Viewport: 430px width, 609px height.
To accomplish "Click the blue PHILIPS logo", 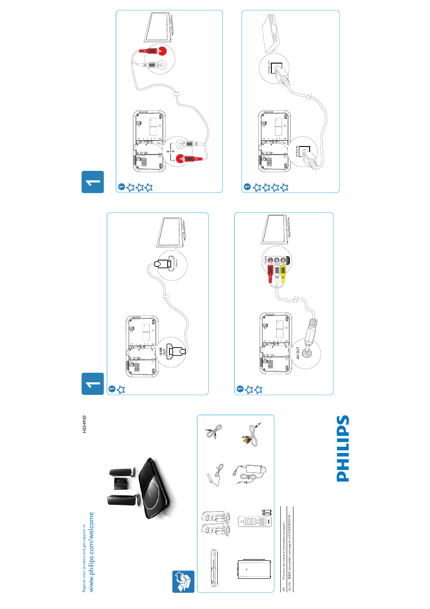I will click(x=343, y=449).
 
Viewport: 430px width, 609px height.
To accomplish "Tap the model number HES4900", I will click(x=84, y=425).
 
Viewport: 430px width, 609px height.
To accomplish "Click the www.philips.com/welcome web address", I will click(x=91, y=552).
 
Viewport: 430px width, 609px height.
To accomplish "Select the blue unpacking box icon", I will click(x=183, y=582).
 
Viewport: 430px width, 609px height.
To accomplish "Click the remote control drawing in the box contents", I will click(x=254, y=522).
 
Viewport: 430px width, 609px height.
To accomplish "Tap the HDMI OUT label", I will click(x=162, y=351).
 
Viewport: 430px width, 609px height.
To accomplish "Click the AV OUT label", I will click(x=297, y=353).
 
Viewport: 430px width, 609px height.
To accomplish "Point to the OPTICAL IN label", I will click(x=297, y=151).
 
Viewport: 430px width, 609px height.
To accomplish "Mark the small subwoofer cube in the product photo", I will click(x=121, y=483).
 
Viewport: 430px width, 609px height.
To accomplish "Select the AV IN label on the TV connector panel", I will click(x=288, y=260).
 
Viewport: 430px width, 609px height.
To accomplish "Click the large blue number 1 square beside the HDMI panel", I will click(x=93, y=384).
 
